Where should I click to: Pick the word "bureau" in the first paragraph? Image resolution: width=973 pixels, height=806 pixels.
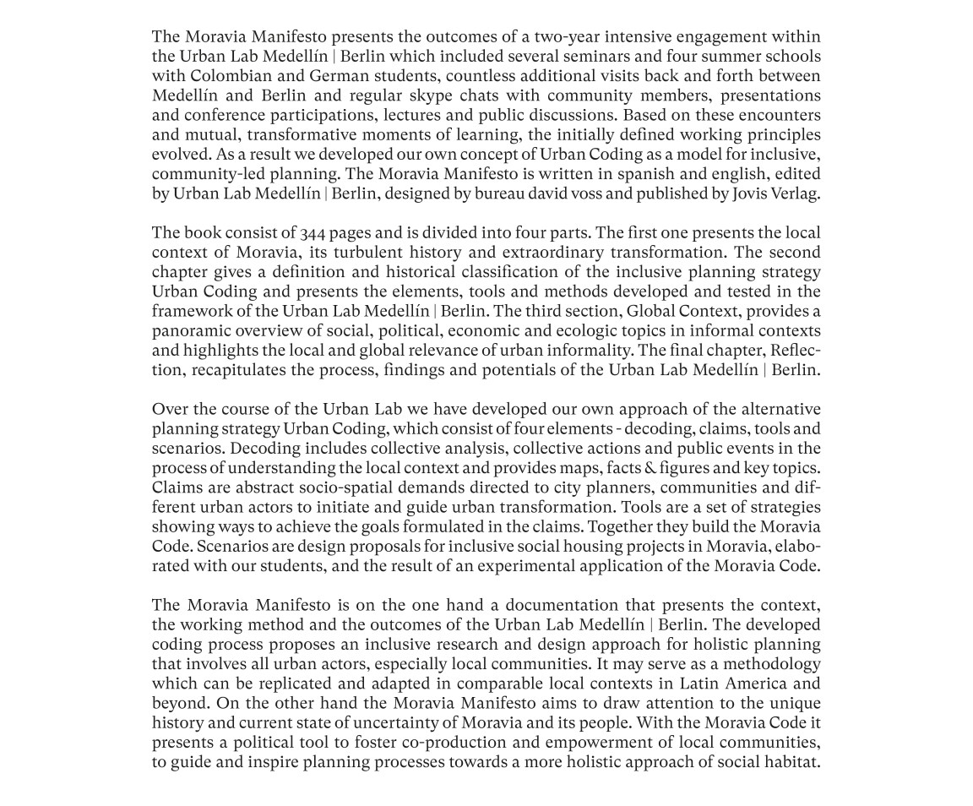pyautogui.click(x=501, y=193)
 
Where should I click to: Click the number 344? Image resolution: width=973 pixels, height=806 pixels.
pyautogui.click(x=313, y=233)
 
